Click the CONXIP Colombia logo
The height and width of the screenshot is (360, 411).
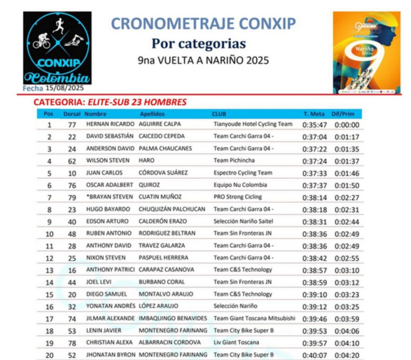[x=57, y=48]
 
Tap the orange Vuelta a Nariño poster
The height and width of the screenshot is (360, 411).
[x=366, y=53]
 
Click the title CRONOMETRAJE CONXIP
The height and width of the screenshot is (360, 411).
[x=203, y=24]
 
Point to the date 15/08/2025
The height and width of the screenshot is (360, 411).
[x=64, y=87]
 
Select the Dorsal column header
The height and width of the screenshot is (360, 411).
[x=72, y=114]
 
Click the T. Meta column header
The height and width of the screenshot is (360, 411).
[x=314, y=114]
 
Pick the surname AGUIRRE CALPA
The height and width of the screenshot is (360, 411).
[x=160, y=124]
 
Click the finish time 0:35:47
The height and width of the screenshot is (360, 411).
[x=315, y=125]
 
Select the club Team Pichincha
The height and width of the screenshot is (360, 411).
[x=234, y=160]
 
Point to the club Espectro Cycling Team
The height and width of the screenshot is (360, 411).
[x=243, y=173]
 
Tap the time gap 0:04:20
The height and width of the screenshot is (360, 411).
[x=347, y=355]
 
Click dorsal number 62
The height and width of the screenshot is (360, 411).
[x=72, y=161]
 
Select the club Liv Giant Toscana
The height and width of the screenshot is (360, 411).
[x=236, y=342]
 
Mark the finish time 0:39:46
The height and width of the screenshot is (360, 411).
[x=315, y=319]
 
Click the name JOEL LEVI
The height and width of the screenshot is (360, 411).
[x=99, y=282]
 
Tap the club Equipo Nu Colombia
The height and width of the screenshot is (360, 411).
[x=240, y=185]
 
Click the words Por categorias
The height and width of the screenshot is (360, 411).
[x=199, y=43]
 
